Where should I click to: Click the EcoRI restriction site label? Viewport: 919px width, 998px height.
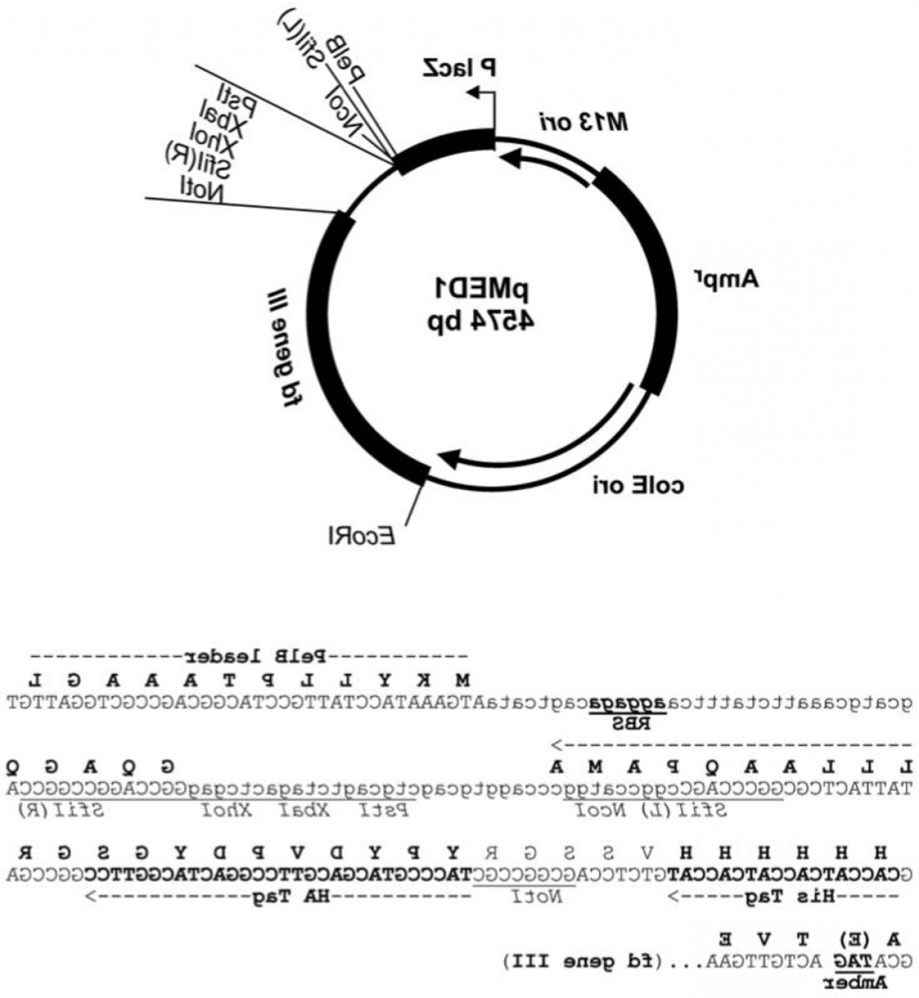click(x=361, y=536)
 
